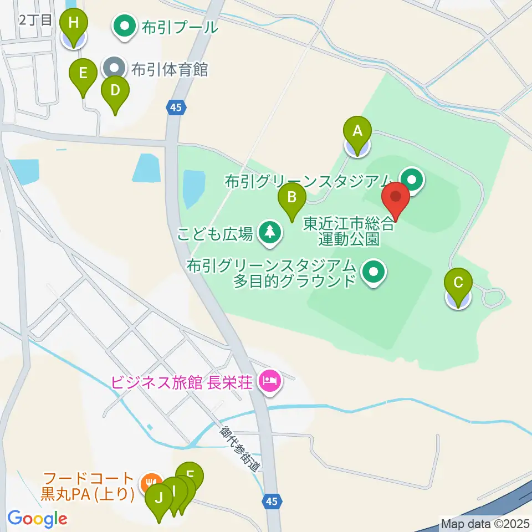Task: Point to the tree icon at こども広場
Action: pos(270,232)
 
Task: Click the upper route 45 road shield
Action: pos(176,109)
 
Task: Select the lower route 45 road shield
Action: pos(270,501)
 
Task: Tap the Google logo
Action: pos(37,519)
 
